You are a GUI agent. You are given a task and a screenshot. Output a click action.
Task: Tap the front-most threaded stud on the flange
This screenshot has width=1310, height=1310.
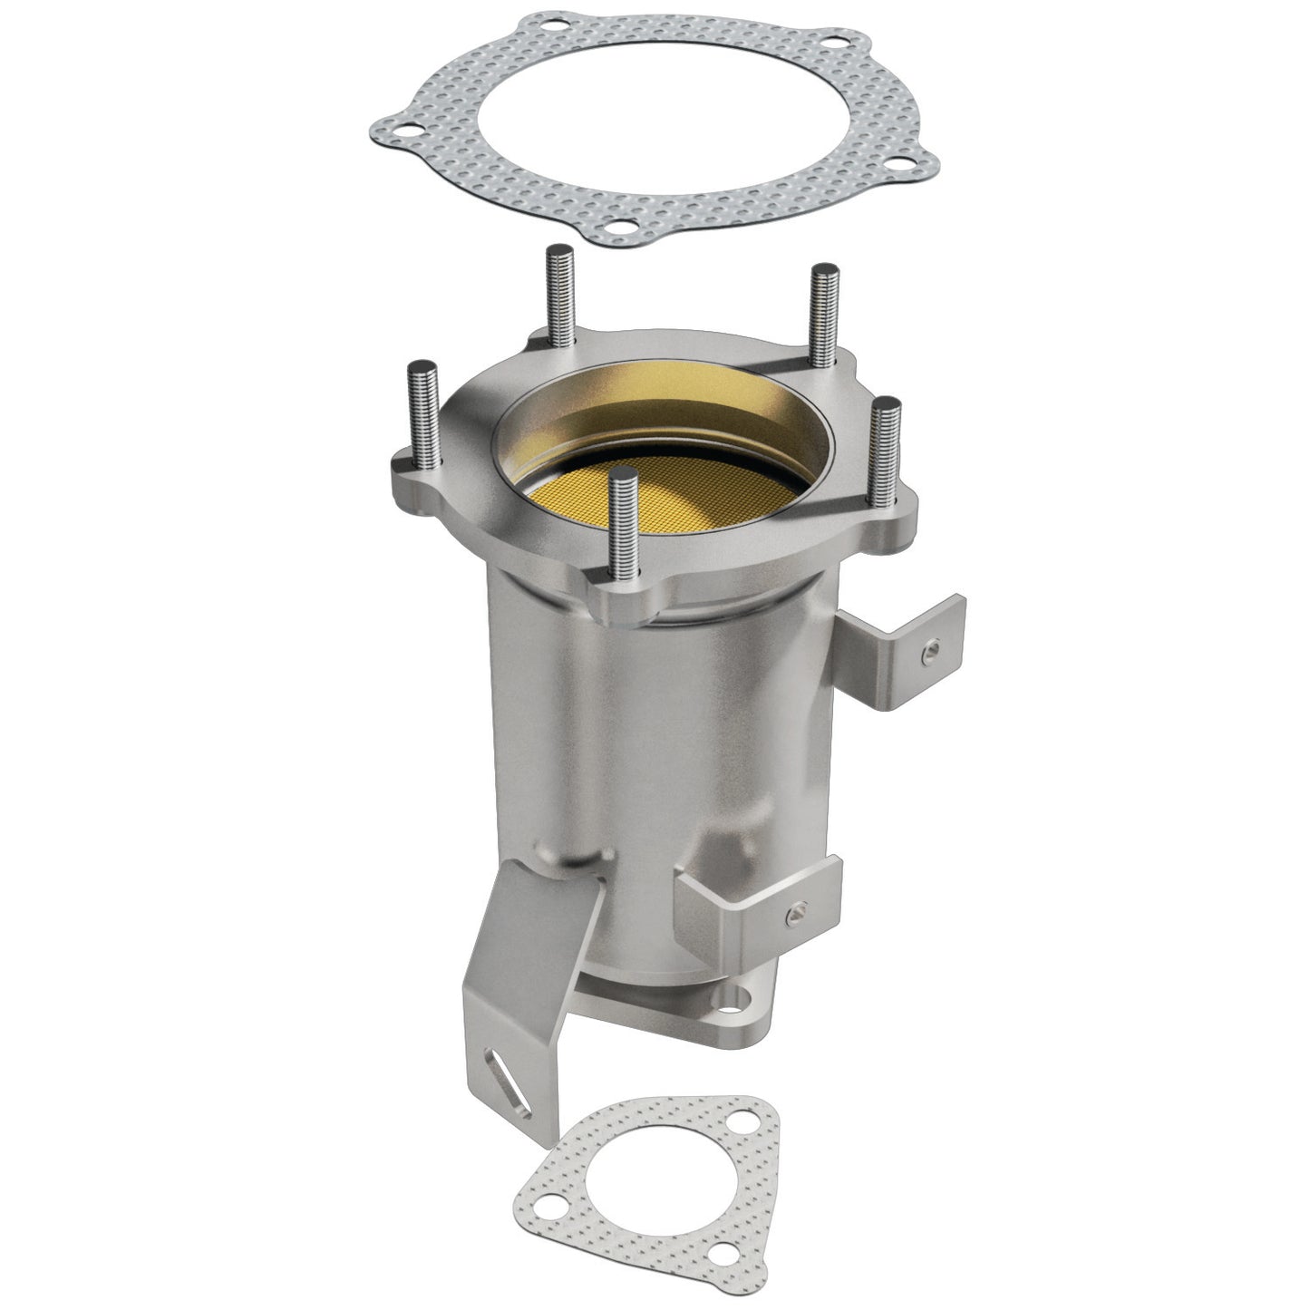coord(623,526)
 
